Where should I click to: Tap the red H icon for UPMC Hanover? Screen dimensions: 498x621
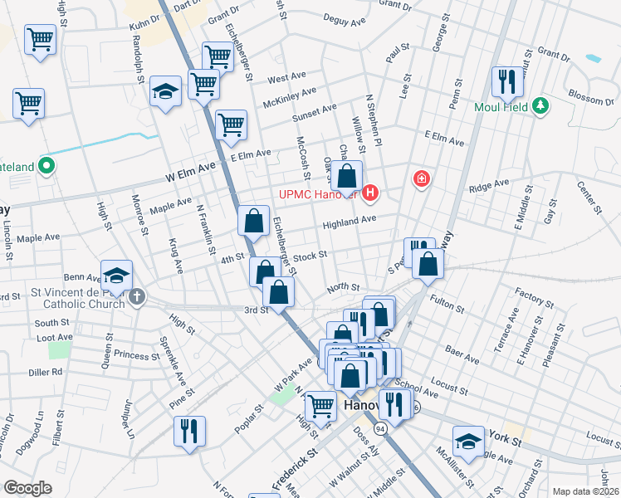371,195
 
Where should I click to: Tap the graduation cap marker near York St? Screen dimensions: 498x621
468,441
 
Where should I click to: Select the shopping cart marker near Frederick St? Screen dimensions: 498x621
320,406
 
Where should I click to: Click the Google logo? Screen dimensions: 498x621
27,487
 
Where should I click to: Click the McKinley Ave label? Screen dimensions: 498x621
289,98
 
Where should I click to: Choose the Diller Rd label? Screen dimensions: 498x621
46,372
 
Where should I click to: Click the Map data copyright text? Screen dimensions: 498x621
584,491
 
